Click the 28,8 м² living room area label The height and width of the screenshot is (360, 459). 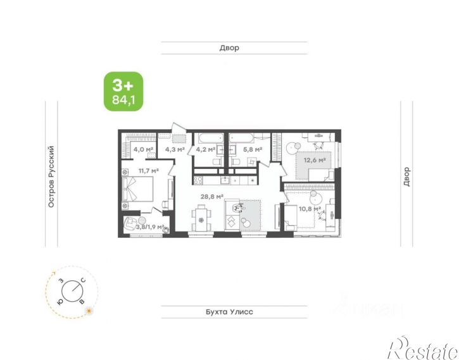pyautogui.click(x=212, y=196)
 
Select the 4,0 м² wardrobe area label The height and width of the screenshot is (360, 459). pyautogui.click(x=143, y=150)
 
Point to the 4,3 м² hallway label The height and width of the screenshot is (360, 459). pyautogui.click(x=175, y=150)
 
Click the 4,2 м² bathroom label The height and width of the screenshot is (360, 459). pyautogui.click(x=206, y=150)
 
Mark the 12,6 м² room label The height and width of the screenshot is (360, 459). pyautogui.click(x=315, y=161)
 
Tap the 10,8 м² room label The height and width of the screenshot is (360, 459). pyautogui.click(x=310, y=208)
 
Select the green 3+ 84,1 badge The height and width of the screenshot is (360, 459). pyautogui.click(x=124, y=92)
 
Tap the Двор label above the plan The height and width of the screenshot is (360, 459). pyautogui.click(x=229, y=48)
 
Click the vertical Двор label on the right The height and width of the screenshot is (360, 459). pyautogui.click(x=406, y=177)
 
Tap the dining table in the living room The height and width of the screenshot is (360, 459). pyautogui.click(x=202, y=221)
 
